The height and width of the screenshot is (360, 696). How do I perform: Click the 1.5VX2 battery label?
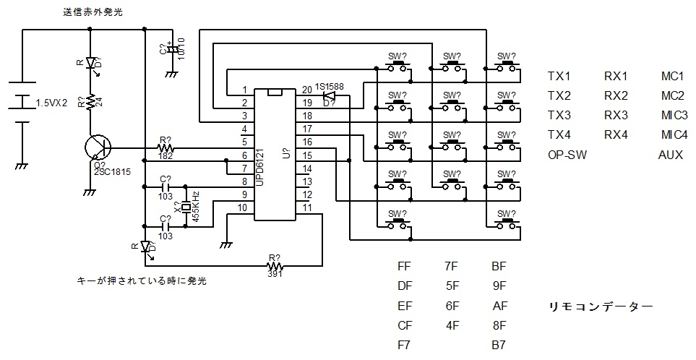pos(52,103)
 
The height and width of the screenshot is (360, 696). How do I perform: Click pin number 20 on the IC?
pos(308,89)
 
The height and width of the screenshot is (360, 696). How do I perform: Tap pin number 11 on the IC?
pos(308,207)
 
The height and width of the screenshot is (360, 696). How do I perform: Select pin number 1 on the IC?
pos(246,90)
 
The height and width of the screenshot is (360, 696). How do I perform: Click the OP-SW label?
pos(567,155)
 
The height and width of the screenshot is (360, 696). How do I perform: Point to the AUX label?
pos(670,155)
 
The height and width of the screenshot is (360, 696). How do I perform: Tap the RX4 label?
pos(616,135)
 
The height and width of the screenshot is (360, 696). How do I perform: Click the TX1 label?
pos(559,77)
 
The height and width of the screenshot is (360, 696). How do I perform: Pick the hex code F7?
pos(405,346)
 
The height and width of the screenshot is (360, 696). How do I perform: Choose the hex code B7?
pos(499,346)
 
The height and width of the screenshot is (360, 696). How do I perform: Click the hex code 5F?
pos(452,286)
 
